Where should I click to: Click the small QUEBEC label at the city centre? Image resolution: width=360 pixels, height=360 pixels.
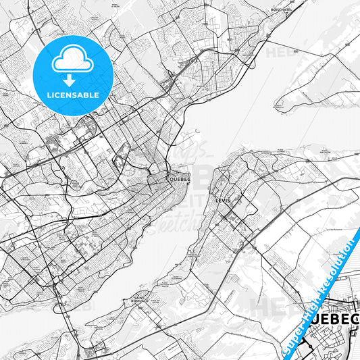[x=179, y=179]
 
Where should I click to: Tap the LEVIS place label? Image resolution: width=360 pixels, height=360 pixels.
[x=223, y=201]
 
